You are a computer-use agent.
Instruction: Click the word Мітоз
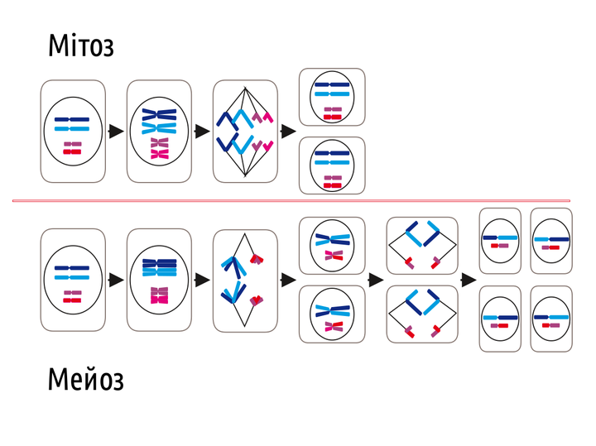(x=80, y=46)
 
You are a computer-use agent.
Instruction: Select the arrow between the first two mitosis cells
(x=116, y=131)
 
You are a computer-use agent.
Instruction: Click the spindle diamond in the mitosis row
(x=245, y=131)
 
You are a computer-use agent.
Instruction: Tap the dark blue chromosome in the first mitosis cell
(x=73, y=120)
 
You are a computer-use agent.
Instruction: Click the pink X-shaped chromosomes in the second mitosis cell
(x=159, y=149)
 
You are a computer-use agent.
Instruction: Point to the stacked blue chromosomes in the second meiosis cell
(x=159, y=266)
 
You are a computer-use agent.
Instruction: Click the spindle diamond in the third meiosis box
(x=245, y=281)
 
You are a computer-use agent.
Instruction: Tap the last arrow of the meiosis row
(x=469, y=280)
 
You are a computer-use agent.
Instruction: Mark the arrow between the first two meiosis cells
(x=116, y=280)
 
